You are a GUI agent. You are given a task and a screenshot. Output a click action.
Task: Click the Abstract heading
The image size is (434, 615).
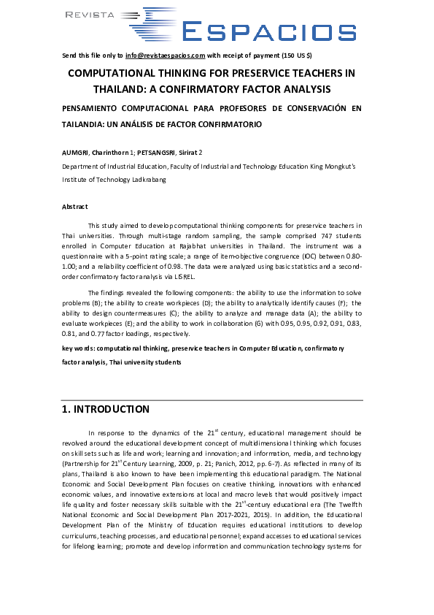74,207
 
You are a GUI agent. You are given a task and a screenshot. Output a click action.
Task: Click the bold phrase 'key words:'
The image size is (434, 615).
80,348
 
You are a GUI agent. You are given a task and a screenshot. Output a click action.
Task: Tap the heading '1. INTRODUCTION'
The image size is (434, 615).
106,410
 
